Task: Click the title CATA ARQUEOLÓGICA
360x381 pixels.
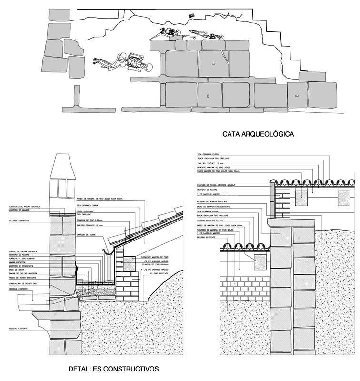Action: pyautogui.click(x=258, y=135)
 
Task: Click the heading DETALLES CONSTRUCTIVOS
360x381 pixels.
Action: pyautogui.click(x=113, y=369)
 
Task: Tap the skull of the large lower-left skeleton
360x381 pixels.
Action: pyautogui.click(x=149, y=66)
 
